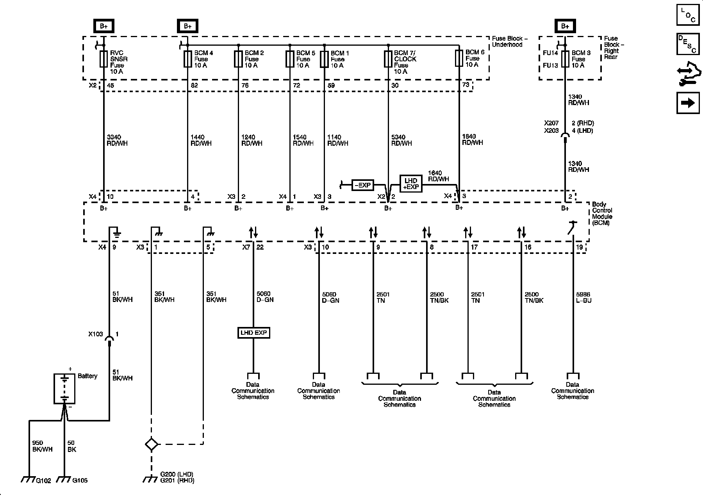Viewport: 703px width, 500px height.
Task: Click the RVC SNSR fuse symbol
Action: click(103, 59)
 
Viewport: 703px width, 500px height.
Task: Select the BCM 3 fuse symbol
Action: click(565, 59)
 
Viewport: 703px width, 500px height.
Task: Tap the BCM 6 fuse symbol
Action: click(459, 58)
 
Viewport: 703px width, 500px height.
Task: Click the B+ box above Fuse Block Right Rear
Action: click(565, 26)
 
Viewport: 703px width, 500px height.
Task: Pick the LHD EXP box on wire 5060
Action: click(253, 333)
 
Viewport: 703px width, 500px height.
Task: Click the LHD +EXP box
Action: click(411, 184)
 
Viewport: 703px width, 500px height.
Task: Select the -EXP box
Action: click(363, 185)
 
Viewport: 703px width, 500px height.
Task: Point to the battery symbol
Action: click(64, 389)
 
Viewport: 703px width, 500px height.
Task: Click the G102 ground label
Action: click(43, 480)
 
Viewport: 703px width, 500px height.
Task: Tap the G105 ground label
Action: click(80, 480)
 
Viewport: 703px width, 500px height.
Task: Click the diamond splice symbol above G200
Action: click(151, 445)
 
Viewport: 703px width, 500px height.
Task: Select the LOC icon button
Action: click(688, 15)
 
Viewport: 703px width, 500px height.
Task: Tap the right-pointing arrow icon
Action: click(688, 103)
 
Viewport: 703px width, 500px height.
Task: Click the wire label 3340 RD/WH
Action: click(117, 140)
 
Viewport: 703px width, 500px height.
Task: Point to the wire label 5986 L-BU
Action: click(583, 298)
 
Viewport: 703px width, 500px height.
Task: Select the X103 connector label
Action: click(95, 334)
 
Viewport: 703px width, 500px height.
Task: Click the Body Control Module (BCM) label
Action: click(602, 214)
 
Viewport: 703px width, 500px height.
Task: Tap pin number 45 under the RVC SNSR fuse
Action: click(111, 86)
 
